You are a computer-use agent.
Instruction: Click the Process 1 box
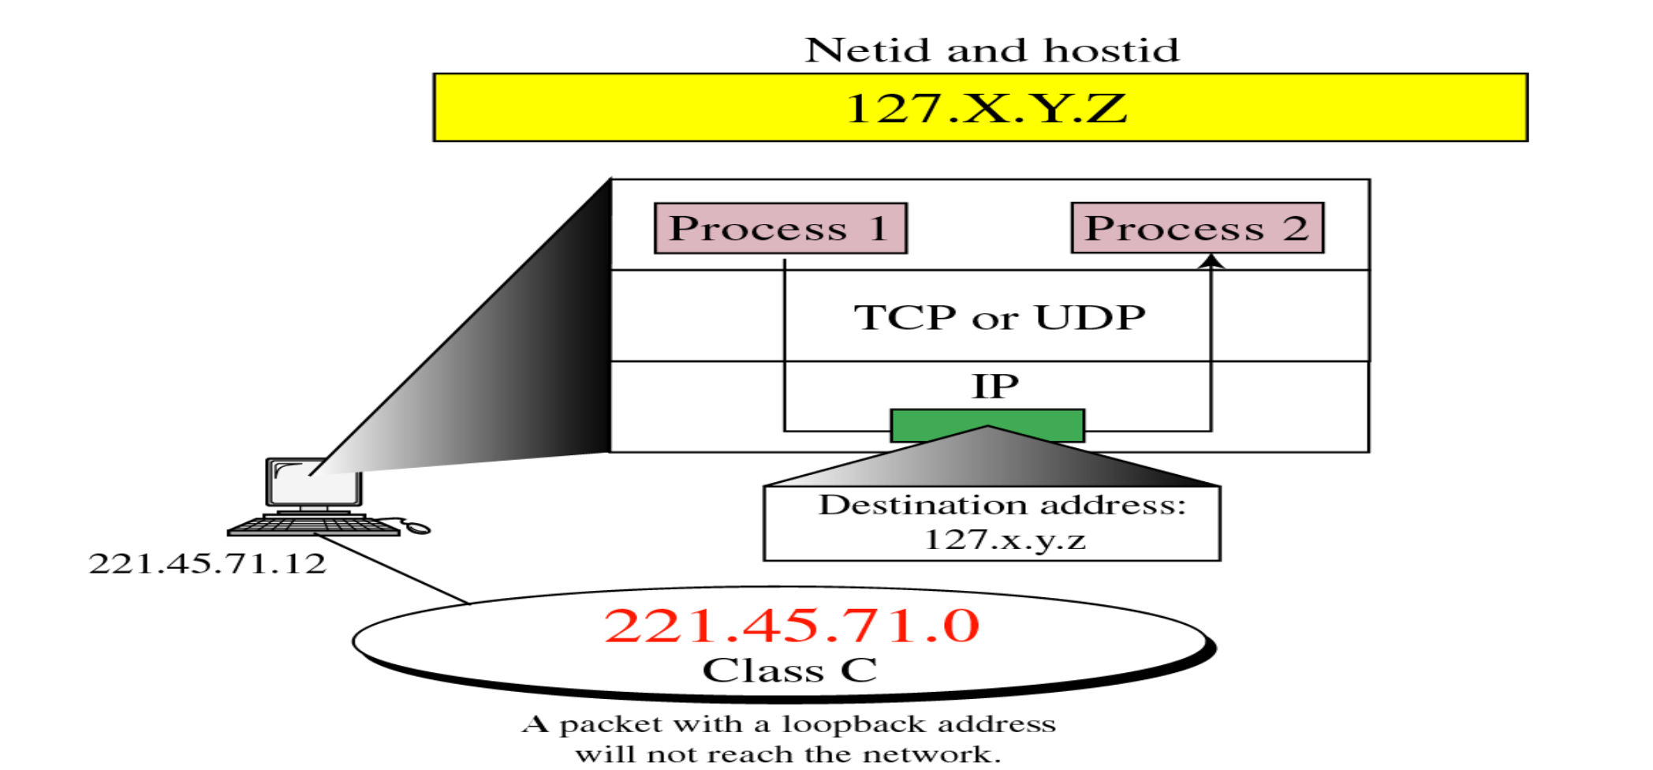tap(780, 229)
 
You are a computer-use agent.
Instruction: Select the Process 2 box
tap(1196, 229)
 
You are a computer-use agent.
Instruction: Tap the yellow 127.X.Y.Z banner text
tap(986, 108)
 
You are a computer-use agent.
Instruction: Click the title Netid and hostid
tap(991, 50)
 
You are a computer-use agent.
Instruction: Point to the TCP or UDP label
tap(999, 318)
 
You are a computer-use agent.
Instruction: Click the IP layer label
tap(995, 387)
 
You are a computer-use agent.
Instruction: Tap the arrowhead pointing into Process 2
tap(1211, 261)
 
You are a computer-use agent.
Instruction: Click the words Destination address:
tap(1002, 505)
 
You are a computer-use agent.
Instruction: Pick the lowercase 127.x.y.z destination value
tap(1005, 540)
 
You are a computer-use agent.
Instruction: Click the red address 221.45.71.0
tap(792, 626)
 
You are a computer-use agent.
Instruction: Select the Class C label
tap(789, 671)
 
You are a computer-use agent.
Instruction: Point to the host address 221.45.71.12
tap(207, 563)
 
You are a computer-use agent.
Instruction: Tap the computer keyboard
tap(314, 525)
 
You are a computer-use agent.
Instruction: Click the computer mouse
tap(418, 527)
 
